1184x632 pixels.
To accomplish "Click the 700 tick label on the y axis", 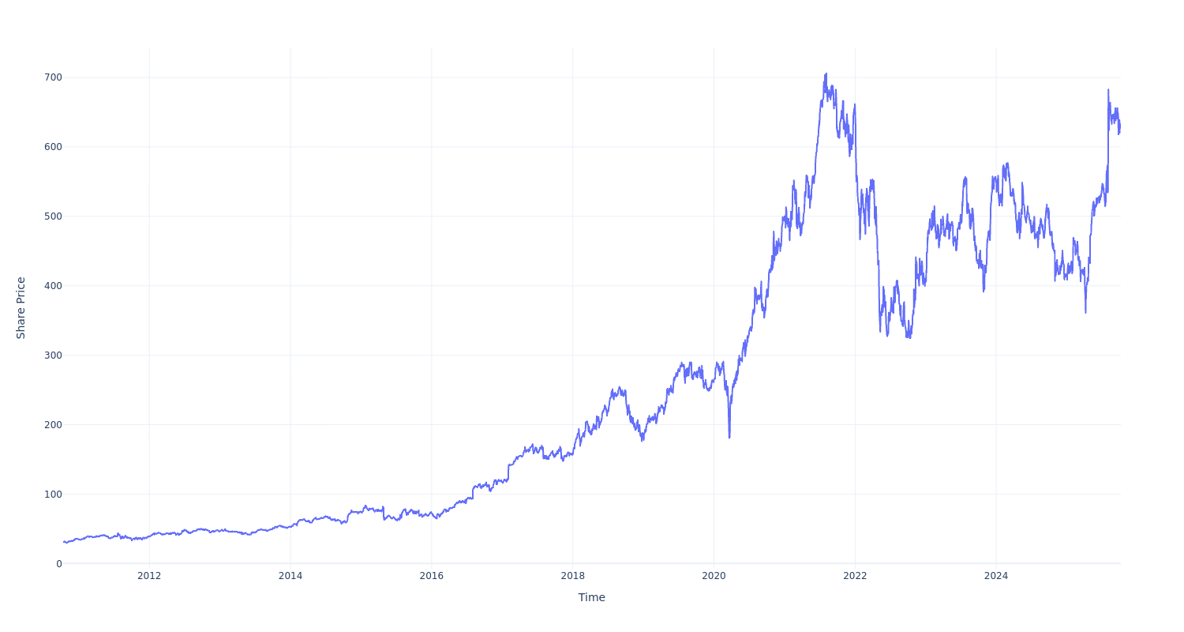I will tap(53, 77).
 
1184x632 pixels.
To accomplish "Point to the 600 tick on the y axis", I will tap(53, 147).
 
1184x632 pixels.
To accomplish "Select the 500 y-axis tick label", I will tap(53, 216).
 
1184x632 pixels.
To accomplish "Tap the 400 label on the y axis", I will tap(53, 286).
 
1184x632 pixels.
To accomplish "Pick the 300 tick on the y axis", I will tap(53, 355).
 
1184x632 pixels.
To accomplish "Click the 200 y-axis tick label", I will tap(53, 425).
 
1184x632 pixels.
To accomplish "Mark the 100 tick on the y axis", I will tap(53, 495).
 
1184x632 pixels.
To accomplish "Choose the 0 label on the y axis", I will tap(58, 564).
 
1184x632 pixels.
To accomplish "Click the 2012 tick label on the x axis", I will tap(149, 576).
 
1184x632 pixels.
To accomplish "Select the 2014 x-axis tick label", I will tap(290, 576).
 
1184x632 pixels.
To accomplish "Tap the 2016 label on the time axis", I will tap(432, 576).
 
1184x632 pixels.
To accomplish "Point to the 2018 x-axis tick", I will tap(573, 576).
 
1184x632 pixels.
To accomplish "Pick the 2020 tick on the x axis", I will tap(714, 576).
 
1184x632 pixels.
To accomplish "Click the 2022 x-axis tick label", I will tap(855, 576).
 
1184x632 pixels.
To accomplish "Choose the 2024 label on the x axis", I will tap(996, 576).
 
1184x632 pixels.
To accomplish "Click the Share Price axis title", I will tap(21, 308).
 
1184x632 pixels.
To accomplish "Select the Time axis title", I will tap(592, 598).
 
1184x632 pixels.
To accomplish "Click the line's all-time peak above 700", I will tap(826, 73).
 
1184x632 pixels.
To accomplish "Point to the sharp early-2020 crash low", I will tap(729, 438).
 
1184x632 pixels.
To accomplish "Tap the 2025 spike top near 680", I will tap(1108, 89).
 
